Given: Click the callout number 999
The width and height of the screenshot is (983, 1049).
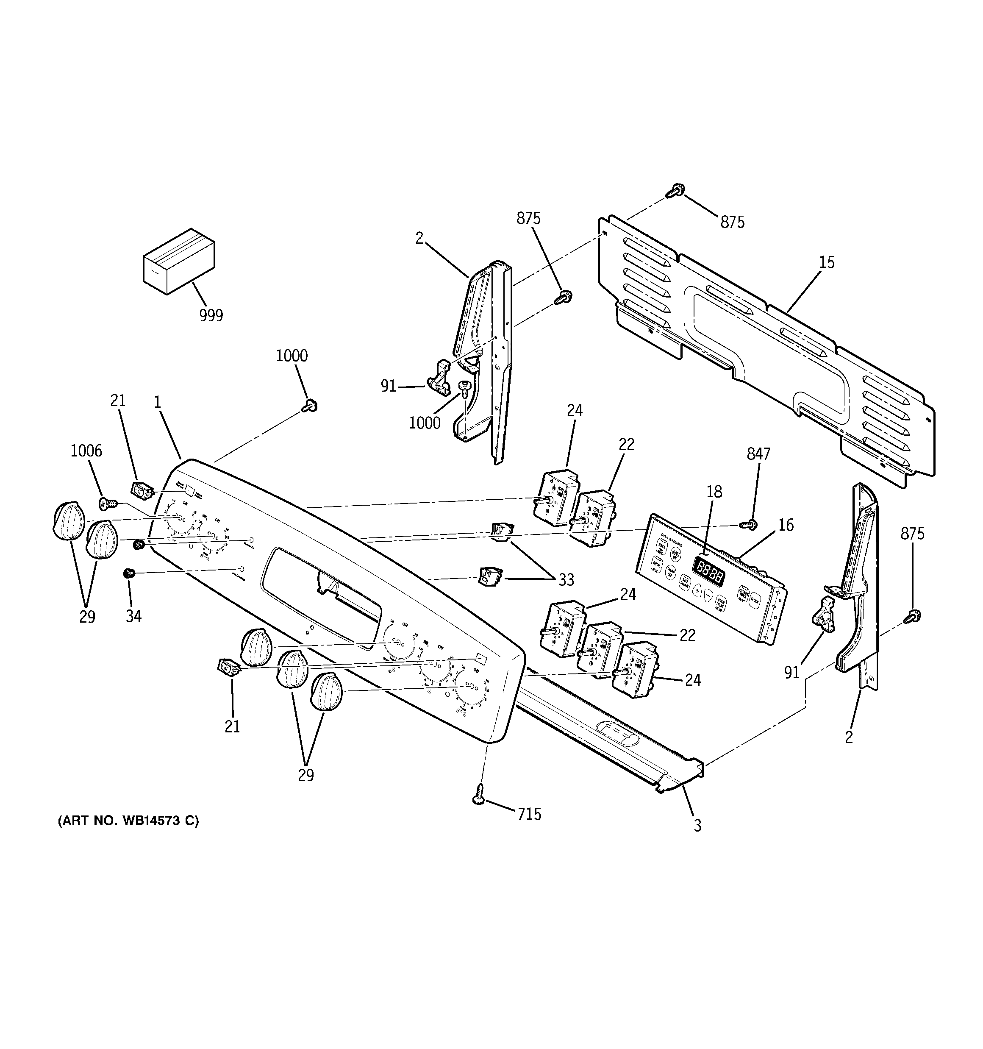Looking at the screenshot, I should pyautogui.click(x=211, y=315).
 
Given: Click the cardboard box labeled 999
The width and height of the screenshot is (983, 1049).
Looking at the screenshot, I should pyautogui.click(x=179, y=261).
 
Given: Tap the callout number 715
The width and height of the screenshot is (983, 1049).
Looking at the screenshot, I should pyautogui.click(x=529, y=814).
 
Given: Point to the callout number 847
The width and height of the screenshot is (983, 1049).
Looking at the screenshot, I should pyautogui.click(x=758, y=454).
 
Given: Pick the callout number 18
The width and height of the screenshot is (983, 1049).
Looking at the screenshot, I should pyautogui.click(x=714, y=492).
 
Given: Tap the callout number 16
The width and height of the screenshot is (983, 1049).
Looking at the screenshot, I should pyautogui.click(x=786, y=525).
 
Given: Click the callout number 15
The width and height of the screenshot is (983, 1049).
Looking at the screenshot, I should pyautogui.click(x=827, y=262).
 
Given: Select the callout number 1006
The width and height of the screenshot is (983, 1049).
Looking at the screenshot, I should pyautogui.click(x=86, y=451).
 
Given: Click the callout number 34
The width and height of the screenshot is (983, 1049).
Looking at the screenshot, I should pyautogui.click(x=133, y=616).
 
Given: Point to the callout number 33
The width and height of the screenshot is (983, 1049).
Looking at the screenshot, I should pyautogui.click(x=566, y=580).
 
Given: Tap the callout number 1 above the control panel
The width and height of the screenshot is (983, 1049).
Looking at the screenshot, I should pyautogui.click(x=157, y=402).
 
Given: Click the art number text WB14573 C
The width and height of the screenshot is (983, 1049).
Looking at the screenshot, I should pyautogui.click(x=128, y=836).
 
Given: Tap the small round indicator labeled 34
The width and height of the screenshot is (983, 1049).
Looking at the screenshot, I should pyautogui.click(x=128, y=573).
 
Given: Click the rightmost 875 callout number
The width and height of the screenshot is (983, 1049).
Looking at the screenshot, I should pyautogui.click(x=912, y=534).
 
